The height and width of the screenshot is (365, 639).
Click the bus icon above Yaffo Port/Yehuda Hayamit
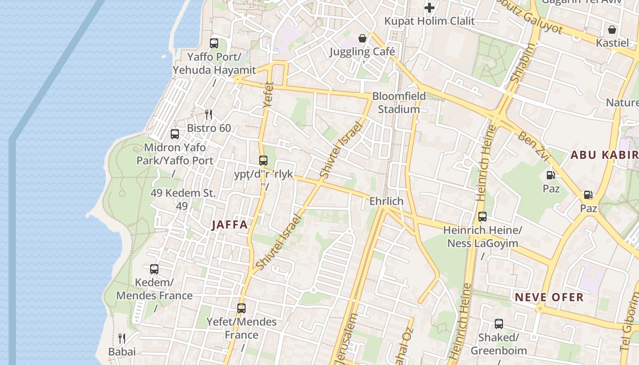click(214, 44)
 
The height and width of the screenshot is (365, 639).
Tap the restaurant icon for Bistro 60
click(209, 115)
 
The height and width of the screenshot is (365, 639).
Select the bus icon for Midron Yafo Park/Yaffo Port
click(175, 134)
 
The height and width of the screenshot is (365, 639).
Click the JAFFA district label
click(230, 224)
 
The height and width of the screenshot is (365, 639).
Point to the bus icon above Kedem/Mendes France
click(154, 269)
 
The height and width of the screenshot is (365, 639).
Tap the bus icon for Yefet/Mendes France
click(241, 308)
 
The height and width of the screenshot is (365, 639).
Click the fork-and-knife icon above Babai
click(122, 338)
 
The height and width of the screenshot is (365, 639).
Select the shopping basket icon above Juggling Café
click(362, 38)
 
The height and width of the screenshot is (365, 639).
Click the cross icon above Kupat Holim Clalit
click(429, 8)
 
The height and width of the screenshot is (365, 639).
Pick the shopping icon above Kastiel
click(612, 30)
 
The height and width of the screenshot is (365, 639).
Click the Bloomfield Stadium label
click(399, 103)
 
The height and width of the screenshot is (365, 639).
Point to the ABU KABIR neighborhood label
click(604, 155)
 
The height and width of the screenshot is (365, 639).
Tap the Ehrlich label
click(387, 201)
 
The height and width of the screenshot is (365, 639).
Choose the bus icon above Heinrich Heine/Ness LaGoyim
click(482, 217)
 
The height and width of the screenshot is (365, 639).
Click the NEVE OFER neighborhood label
click(549, 297)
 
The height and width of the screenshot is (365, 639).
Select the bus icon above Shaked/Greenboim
click(499, 324)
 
